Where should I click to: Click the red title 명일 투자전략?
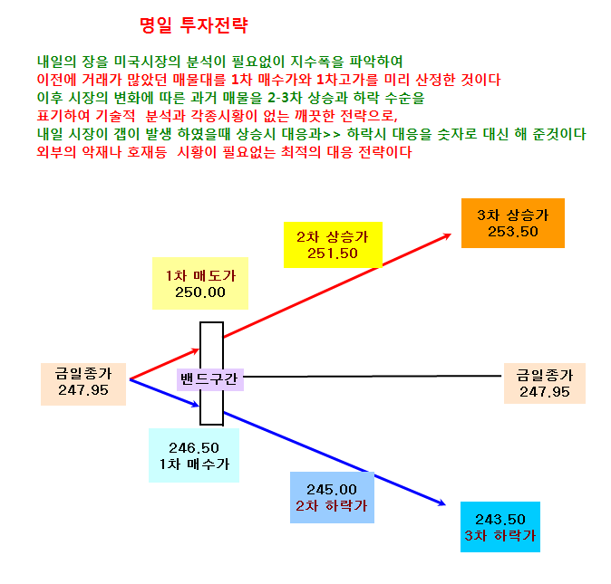[194, 25]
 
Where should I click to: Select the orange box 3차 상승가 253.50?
[513, 223]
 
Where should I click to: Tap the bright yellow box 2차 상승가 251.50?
[333, 244]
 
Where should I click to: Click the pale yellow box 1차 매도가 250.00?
[200, 283]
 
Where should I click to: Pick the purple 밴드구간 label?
[210, 379]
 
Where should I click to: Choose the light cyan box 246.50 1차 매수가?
[194, 455]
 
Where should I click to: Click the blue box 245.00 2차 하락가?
[332, 497]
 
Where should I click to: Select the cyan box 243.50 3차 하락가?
[499, 527]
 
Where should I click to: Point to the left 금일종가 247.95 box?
[83, 384]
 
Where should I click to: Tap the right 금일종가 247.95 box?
[544, 383]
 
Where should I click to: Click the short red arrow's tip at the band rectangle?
[199, 349]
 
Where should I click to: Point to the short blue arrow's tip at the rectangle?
[199, 407]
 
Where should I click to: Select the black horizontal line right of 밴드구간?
[373, 377]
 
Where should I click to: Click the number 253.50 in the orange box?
[513, 232]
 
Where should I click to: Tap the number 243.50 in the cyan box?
[499, 520]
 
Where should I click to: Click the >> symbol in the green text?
[332, 135]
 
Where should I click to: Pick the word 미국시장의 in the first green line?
[147, 62]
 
